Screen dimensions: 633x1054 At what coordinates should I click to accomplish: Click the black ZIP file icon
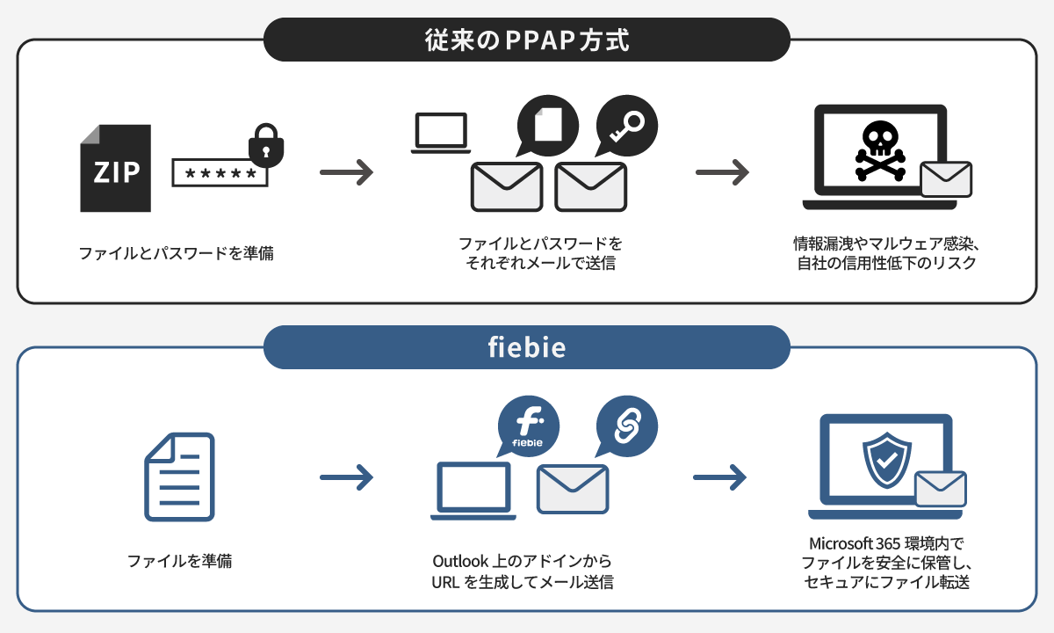pos(115,169)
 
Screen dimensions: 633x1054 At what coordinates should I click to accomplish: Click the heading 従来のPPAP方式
pos(527,41)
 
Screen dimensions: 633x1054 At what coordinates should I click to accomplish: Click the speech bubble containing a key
pos(626,125)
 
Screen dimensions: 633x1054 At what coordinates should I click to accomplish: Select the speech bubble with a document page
pos(548,125)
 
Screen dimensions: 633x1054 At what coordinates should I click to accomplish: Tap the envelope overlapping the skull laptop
pos(945,179)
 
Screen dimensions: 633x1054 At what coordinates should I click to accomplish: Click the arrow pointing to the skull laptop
pos(722,172)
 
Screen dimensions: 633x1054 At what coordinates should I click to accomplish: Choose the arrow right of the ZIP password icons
pos(346,172)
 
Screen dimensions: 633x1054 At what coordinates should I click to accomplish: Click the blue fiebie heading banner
pos(527,347)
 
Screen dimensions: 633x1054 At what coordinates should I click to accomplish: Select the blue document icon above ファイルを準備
pos(179,476)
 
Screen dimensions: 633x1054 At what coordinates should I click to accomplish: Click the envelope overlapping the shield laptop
pos(940,489)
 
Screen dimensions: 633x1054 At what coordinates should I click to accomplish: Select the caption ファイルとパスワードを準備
pos(176,254)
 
